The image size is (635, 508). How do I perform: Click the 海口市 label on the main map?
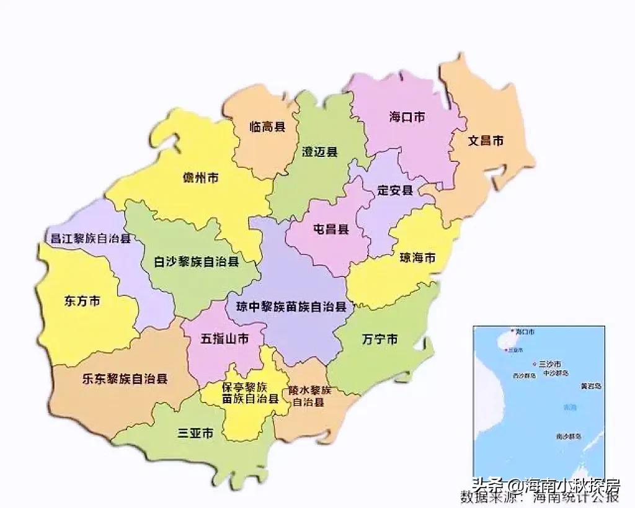click(407, 117)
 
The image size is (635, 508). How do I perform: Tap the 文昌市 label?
click(485, 141)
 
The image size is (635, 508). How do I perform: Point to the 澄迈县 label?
click(319, 152)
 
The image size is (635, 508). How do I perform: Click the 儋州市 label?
click(200, 178)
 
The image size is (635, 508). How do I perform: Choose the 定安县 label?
click(395, 190)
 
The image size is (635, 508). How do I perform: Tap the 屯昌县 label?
click(331, 229)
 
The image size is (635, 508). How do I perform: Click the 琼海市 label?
click(417, 257)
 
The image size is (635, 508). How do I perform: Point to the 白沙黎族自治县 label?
click(197, 262)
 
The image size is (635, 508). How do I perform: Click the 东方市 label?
click(82, 301)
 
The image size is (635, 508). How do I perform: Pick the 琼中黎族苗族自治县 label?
click(291, 306)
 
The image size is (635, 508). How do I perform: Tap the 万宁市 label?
click(380, 339)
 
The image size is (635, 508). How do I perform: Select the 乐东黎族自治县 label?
click(125, 378)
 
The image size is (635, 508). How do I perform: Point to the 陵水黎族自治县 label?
click(309, 396)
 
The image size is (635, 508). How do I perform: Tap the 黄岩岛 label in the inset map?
click(590, 386)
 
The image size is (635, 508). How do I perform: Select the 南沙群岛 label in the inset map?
click(568, 437)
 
